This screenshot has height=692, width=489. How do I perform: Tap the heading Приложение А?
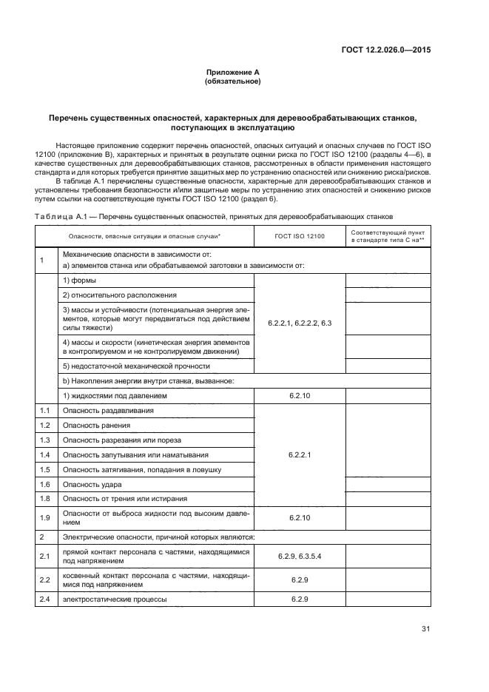pos(232,72)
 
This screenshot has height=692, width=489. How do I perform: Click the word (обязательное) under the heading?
pos(232,81)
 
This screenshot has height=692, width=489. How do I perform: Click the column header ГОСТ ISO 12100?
pos(300,235)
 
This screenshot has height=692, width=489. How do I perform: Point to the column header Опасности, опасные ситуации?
pos(144,235)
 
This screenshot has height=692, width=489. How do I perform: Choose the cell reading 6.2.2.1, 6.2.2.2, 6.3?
pos(300,323)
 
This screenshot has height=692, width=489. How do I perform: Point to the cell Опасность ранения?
pos(96,425)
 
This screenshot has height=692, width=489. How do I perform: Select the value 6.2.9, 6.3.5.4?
pos(300,555)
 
